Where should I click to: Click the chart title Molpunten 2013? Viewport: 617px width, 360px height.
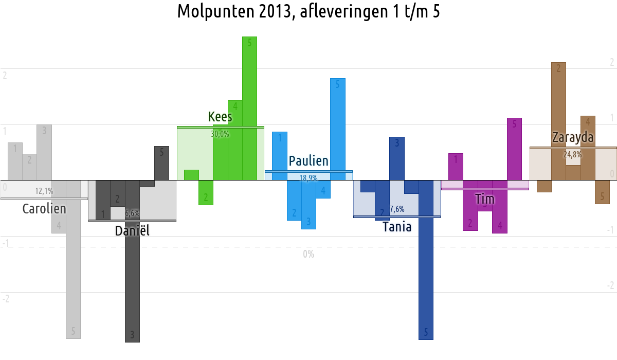click(x=308, y=11)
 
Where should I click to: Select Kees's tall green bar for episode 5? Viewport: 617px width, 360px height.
click(x=249, y=108)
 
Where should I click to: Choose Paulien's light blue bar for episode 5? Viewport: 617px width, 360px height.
click(x=337, y=129)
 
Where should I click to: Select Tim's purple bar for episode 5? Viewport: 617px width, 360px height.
click(x=514, y=149)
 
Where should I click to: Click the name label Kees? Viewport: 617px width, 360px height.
click(x=220, y=117)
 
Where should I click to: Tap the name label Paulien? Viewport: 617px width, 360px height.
click(x=308, y=161)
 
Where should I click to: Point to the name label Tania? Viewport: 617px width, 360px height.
click(x=397, y=226)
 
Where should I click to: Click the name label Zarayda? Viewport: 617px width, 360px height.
click(x=573, y=138)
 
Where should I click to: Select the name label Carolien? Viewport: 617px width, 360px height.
click(x=44, y=209)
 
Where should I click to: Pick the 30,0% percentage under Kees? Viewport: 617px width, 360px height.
click(x=220, y=134)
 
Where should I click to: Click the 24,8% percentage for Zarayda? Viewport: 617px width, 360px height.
click(x=573, y=154)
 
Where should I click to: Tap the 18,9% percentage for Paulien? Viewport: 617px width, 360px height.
click(x=308, y=178)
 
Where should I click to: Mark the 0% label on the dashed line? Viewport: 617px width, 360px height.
click(x=308, y=254)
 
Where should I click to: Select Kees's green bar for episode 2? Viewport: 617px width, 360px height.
click(x=206, y=193)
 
